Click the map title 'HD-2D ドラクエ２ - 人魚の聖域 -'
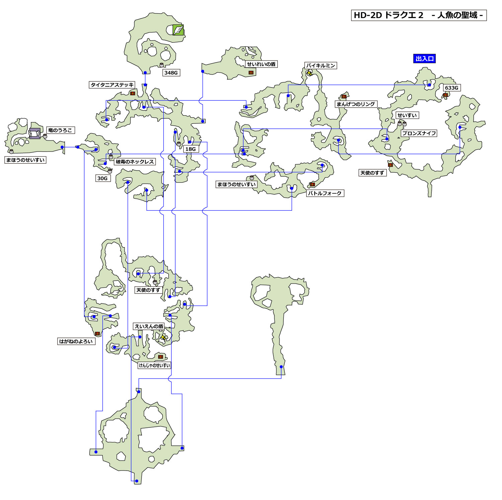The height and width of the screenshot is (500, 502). coord(419,15)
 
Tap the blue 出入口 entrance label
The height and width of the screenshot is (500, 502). coord(424,59)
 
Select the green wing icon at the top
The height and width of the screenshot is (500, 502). coord(178,30)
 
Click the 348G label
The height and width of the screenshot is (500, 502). coord(171,73)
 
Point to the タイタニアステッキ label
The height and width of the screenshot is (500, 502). coord(112,85)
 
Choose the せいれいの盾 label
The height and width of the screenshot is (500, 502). coord(261,64)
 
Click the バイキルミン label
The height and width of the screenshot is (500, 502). coord(321,66)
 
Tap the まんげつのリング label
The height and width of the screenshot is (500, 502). coord(356,104)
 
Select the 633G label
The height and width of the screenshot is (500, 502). coord(451,88)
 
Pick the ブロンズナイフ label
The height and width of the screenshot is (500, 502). coord(419,133)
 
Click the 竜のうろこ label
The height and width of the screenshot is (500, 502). coord(60,130)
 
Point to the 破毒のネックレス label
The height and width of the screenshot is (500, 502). coord(135,162)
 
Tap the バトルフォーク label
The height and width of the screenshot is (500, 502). coord(325,193)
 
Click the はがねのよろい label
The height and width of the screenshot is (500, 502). coord(76,341)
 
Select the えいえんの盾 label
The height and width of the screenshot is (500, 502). coord(149,326)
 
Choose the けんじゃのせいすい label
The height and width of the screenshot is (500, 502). coord(154,365)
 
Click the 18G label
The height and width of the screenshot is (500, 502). coord(190,149)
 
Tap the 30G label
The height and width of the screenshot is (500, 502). coord(102,178)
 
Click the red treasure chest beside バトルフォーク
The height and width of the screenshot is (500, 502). coord(312,184)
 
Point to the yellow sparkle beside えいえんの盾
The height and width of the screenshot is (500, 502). coord(163,337)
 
